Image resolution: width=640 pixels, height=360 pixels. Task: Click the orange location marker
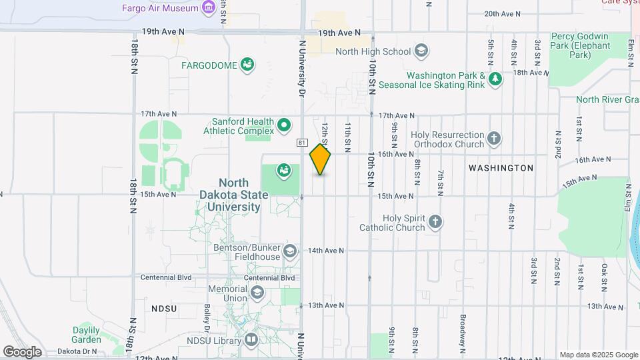tap(320, 159)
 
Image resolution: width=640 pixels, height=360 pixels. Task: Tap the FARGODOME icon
tap(247, 65)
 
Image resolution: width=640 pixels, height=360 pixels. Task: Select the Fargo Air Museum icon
tap(209, 8)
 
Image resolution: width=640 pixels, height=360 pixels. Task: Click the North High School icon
tap(421, 51)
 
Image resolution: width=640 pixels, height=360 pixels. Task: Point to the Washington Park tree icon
tap(495, 79)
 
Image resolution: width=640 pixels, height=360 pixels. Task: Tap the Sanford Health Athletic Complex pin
tap(285, 125)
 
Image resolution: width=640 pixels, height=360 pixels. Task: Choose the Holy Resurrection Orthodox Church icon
tap(494, 138)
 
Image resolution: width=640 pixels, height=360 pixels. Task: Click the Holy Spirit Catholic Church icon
tap(435, 222)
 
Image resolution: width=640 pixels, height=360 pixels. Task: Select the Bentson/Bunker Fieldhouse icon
tap(289, 251)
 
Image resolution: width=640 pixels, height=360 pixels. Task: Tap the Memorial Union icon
tap(257, 293)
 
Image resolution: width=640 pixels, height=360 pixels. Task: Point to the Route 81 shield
tap(302, 143)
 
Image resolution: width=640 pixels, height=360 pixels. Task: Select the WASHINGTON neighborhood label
tap(501, 168)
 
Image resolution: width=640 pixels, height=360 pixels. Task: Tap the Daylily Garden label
tap(87, 335)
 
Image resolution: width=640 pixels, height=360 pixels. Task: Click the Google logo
tap(22, 351)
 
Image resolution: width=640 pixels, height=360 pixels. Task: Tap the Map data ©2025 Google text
tap(599, 355)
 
